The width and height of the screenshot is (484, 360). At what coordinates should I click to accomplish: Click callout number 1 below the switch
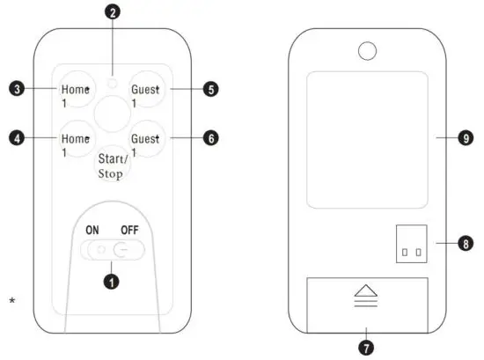click(x=112, y=283)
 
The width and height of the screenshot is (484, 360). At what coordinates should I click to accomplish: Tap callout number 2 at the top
click(x=112, y=12)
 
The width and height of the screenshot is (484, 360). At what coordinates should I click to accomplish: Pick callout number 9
click(x=466, y=138)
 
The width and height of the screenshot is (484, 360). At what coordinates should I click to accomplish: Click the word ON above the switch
click(x=92, y=230)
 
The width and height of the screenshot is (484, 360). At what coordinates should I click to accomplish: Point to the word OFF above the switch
click(x=131, y=230)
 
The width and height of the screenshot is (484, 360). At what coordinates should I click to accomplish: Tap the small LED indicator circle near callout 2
click(x=112, y=82)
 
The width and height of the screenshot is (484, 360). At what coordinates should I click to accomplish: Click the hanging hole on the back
click(x=368, y=50)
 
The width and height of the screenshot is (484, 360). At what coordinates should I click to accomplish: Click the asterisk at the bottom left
click(x=12, y=302)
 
